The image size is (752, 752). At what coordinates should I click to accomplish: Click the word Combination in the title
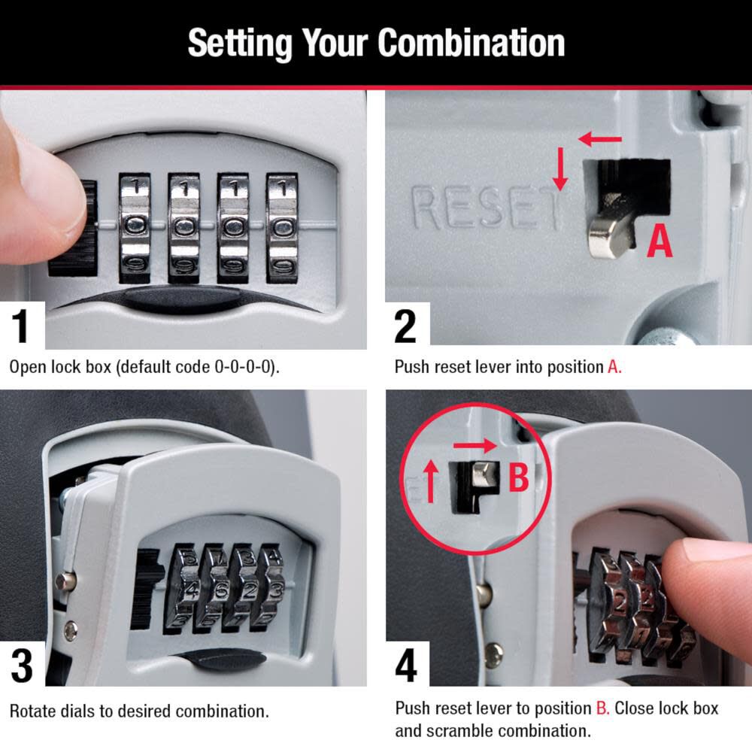coord(472,43)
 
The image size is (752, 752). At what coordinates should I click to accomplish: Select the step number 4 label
coord(406,665)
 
